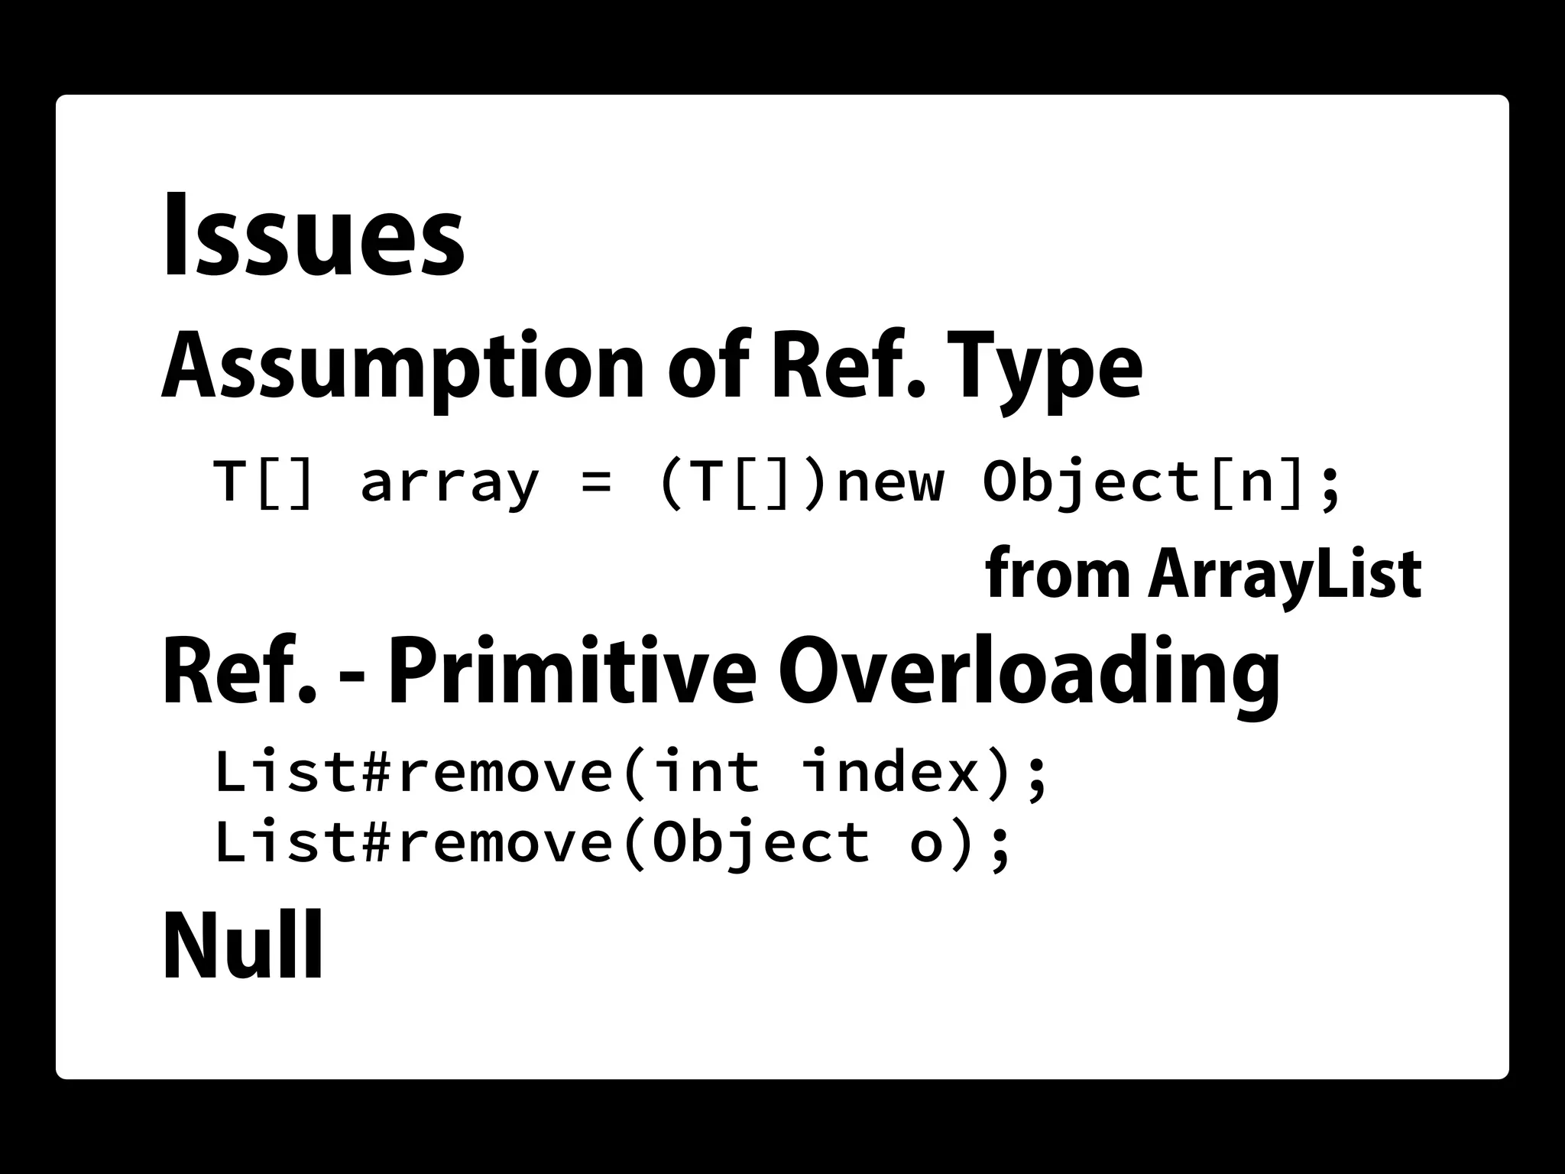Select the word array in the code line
pyautogui.click(x=450, y=483)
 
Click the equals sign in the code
pyautogui.click(x=597, y=483)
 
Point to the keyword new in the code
pyautogui.click(x=890, y=483)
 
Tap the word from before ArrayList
pyautogui.click(x=1058, y=574)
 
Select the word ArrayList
pyautogui.click(x=1284, y=574)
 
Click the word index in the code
pyautogui.click(x=891, y=772)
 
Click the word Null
pyautogui.click(x=242, y=945)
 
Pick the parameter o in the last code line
pyautogui.click(x=926, y=844)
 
